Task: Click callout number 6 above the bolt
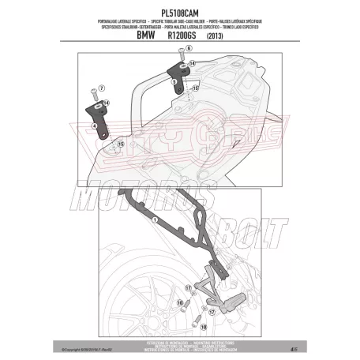189,49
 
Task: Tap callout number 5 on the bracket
174,81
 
